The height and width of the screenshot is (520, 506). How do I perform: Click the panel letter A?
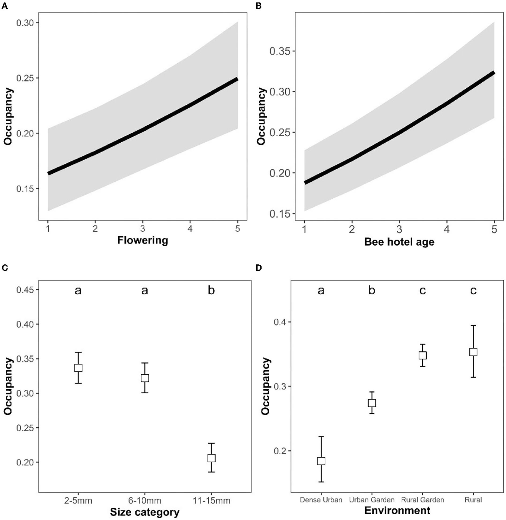point(4,6)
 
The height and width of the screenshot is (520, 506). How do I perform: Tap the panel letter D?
point(258,268)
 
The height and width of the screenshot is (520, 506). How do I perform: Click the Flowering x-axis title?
point(142,240)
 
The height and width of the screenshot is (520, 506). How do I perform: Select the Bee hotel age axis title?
point(399,242)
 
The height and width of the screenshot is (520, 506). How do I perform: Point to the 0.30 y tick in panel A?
point(25,23)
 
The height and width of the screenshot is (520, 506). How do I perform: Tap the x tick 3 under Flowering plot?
point(142,228)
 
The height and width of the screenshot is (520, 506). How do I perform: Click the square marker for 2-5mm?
point(78,368)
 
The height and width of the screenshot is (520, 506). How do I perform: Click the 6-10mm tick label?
point(145,500)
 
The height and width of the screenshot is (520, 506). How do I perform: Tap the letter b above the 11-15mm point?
point(211,290)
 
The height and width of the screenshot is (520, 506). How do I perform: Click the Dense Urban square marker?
point(321,461)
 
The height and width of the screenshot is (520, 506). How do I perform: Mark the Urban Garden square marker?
point(372,403)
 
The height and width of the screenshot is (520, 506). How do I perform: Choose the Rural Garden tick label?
point(422,500)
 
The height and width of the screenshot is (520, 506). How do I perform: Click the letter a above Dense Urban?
point(321,290)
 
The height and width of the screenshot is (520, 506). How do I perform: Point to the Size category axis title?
point(145,512)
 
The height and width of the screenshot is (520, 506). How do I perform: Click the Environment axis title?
point(397,510)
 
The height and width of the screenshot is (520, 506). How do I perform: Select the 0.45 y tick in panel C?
point(25,290)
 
